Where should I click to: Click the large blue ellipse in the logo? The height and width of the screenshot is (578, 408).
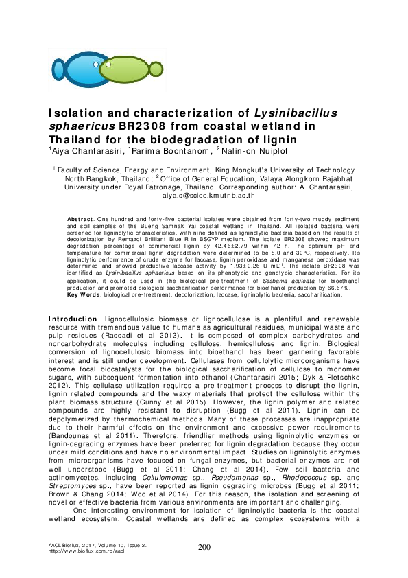click(x=82, y=69)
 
